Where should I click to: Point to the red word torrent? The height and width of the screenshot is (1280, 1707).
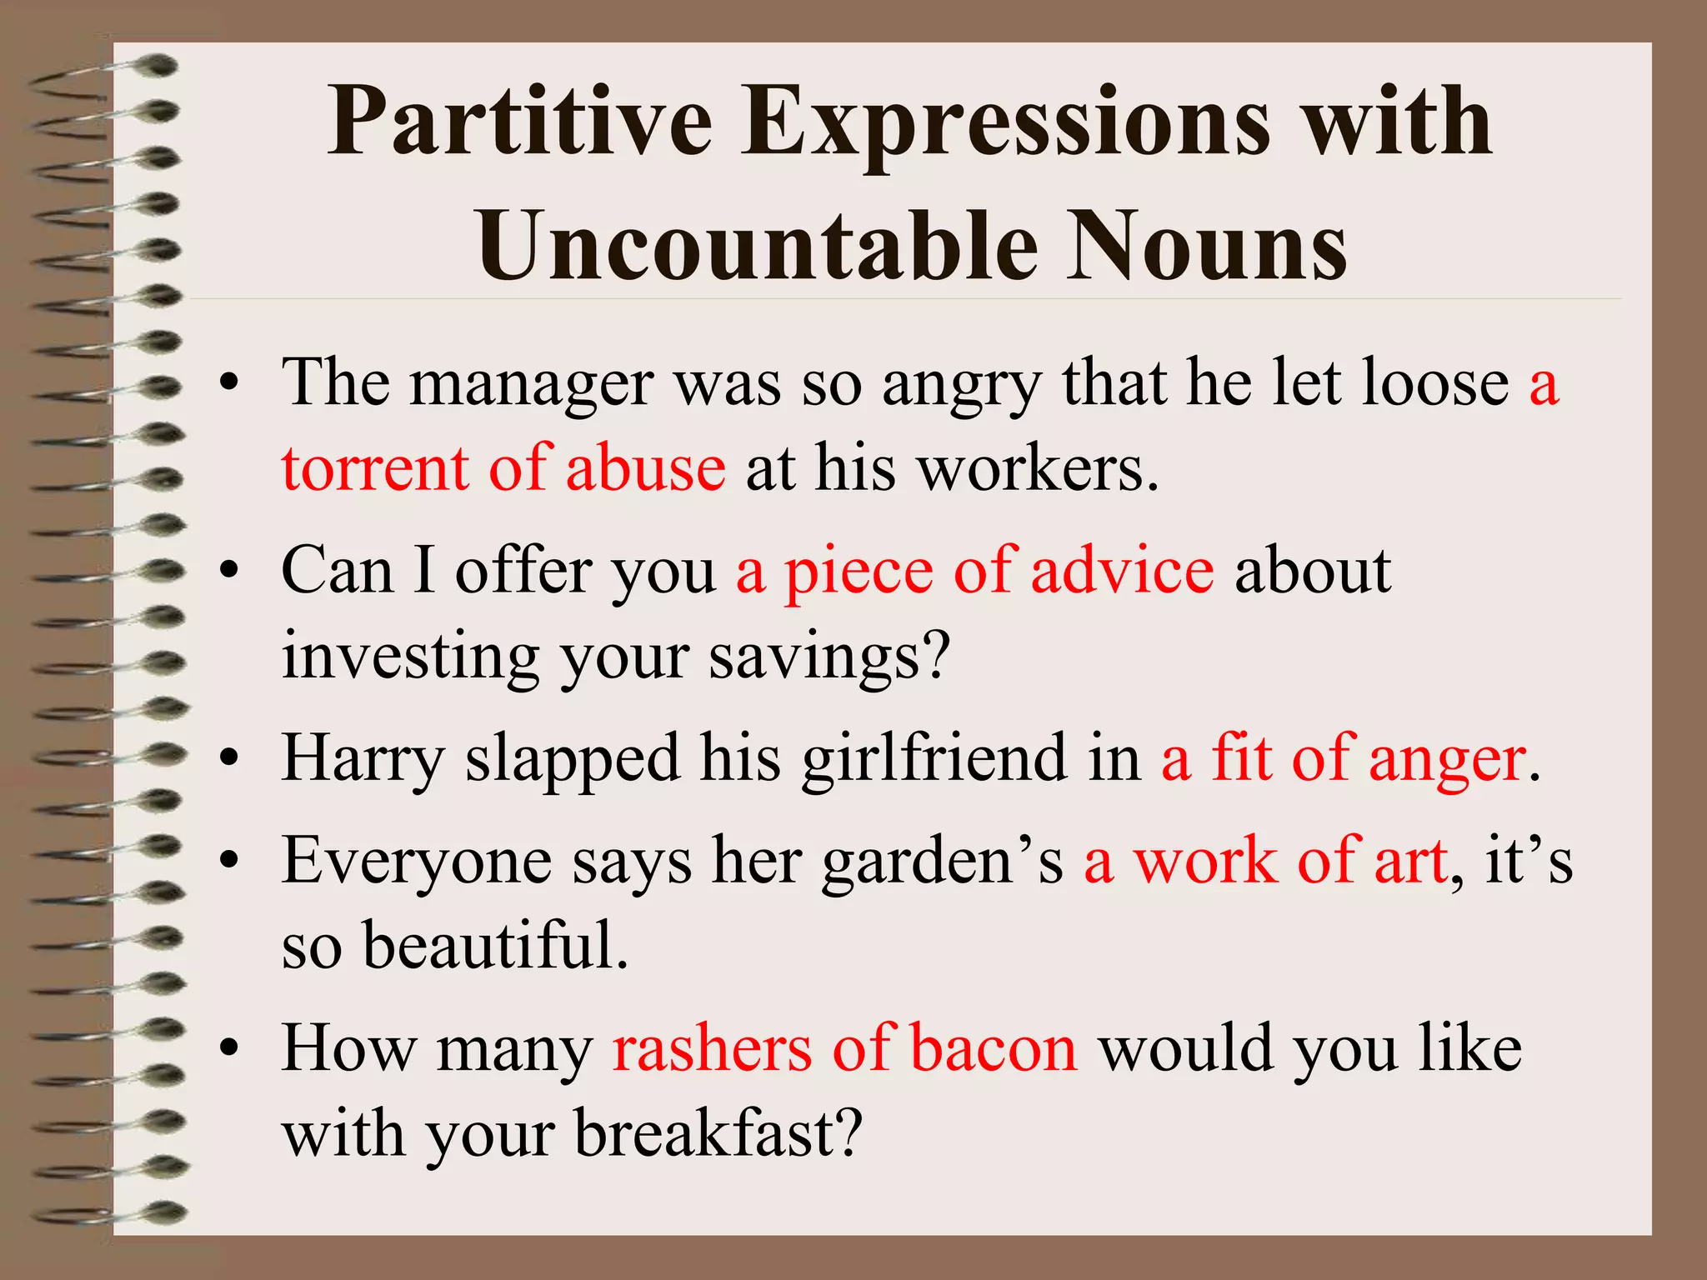click(x=375, y=469)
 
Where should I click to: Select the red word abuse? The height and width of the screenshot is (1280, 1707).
click(x=645, y=469)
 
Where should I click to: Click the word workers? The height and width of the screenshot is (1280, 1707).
click(x=1038, y=469)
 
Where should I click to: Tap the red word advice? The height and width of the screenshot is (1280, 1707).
click(x=1122, y=572)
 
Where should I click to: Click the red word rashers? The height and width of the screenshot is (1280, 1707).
click(x=712, y=1048)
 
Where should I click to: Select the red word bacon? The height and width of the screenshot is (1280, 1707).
click(x=994, y=1048)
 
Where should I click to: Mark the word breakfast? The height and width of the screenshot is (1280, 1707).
click(x=718, y=1134)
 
